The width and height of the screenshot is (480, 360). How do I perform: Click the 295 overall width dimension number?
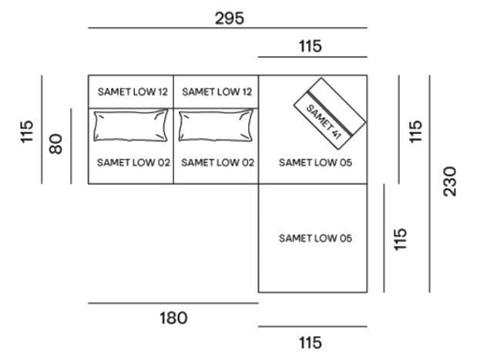click(x=230, y=19)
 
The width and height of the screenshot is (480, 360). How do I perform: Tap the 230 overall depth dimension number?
click(x=450, y=181)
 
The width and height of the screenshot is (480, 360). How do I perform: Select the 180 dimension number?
click(x=173, y=318)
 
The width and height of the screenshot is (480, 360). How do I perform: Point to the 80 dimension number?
click(x=55, y=144)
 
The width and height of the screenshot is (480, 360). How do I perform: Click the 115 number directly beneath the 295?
click(x=310, y=46)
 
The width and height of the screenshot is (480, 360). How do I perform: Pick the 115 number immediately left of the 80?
click(x=27, y=132)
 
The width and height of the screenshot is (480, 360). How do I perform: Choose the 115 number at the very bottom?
click(x=310, y=342)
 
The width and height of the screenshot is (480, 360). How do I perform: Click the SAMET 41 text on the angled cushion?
click(x=324, y=122)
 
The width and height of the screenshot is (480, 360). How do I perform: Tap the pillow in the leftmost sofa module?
click(x=131, y=126)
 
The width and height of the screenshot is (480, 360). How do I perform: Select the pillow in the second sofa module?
click(x=216, y=126)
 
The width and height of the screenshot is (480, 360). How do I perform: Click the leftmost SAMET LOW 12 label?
click(x=133, y=92)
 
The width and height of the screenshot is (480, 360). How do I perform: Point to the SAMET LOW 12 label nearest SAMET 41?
click(x=217, y=92)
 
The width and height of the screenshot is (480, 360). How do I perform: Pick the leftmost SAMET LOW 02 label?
click(x=133, y=163)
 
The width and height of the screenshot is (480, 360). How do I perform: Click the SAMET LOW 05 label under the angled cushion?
click(x=315, y=163)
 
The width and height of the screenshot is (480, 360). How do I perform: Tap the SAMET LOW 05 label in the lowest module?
click(x=315, y=238)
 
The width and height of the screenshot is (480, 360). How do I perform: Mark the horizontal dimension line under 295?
click(x=228, y=28)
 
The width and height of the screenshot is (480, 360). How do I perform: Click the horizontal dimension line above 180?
click(x=173, y=303)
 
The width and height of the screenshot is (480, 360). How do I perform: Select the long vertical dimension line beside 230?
click(x=429, y=183)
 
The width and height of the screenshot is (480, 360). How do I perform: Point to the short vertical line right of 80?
click(x=72, y=146)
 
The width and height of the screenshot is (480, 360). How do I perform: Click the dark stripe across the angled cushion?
click(x=330, y=113)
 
